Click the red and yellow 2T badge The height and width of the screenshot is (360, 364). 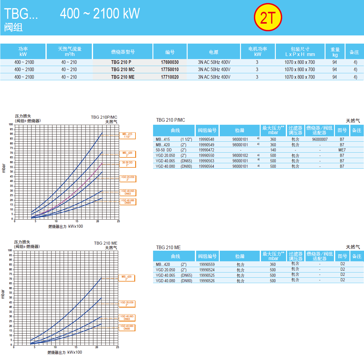click(268, 17)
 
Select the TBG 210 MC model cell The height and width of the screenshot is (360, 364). click(123, 70)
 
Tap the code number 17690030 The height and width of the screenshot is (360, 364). click(170, 62)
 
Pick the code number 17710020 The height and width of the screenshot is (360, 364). click(170, 77)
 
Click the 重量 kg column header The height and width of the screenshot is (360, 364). click(335, 52)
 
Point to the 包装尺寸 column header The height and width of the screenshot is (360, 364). click(300, 52)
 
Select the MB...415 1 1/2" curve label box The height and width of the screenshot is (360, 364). click(127, 136)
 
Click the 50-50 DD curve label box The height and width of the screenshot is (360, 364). click(127, 164)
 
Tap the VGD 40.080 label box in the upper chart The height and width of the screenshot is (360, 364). click(128, 202)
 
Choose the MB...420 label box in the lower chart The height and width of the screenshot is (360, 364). click(127, 278)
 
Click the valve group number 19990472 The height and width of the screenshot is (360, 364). click(206, 150)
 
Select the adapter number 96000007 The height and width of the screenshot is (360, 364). click(320, 140)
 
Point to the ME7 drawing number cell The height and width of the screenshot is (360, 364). click(342, 150)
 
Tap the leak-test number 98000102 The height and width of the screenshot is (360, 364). click(240, 156)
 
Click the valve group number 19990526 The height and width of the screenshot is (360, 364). click(207, 281)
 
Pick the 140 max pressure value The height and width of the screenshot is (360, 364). click(273, 150)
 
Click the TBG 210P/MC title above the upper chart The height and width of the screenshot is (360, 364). click(104, 117)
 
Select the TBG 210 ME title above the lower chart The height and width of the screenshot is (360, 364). click(105, 243)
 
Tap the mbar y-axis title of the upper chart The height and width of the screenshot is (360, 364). click(4, 168)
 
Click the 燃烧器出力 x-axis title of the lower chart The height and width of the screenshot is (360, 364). click(65, 352)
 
